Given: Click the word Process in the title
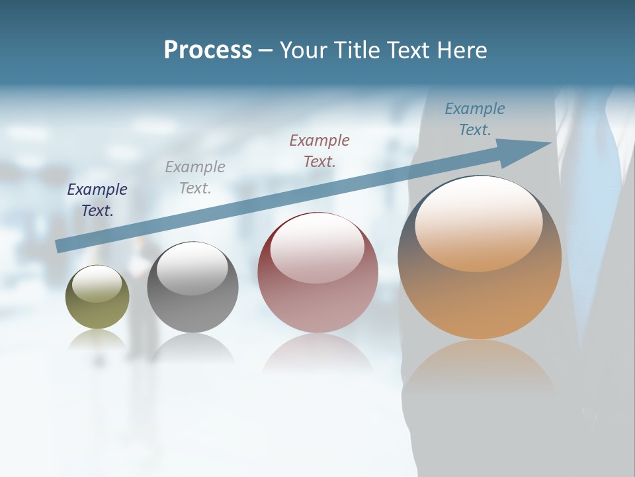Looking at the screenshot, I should pos(208,50).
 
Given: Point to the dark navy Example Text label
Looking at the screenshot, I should pos(97,200).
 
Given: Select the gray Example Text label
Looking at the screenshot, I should pos(195,178).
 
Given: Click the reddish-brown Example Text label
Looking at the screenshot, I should pos(319,150).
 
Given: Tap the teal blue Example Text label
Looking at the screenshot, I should pos(475,119).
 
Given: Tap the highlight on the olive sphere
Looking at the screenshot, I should pos(97,284).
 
